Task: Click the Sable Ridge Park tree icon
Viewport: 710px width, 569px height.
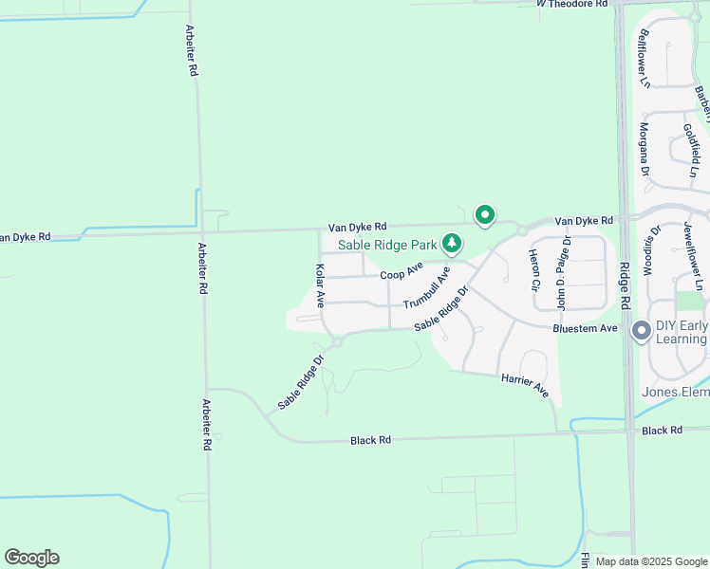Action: tap(453, 244)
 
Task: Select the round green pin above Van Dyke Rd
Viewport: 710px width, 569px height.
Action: tap(485, 215)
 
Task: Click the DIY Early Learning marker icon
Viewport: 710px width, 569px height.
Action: tap(641, 331)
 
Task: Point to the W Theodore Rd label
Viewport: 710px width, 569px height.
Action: tap(570, 5)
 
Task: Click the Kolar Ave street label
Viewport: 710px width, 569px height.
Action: tap(320, 285)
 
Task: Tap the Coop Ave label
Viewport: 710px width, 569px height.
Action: tap(401, 272)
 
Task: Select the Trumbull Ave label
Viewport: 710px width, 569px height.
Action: tap(426, 286)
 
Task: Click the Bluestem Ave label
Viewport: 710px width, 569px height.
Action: tap(586, 328)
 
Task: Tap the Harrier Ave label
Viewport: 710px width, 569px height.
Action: tap(525, 384)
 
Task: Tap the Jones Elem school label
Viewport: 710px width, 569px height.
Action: tap(675, 392)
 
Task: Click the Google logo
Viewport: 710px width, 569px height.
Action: tap(31, 558)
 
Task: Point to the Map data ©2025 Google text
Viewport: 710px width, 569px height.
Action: tap(651, 561)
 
